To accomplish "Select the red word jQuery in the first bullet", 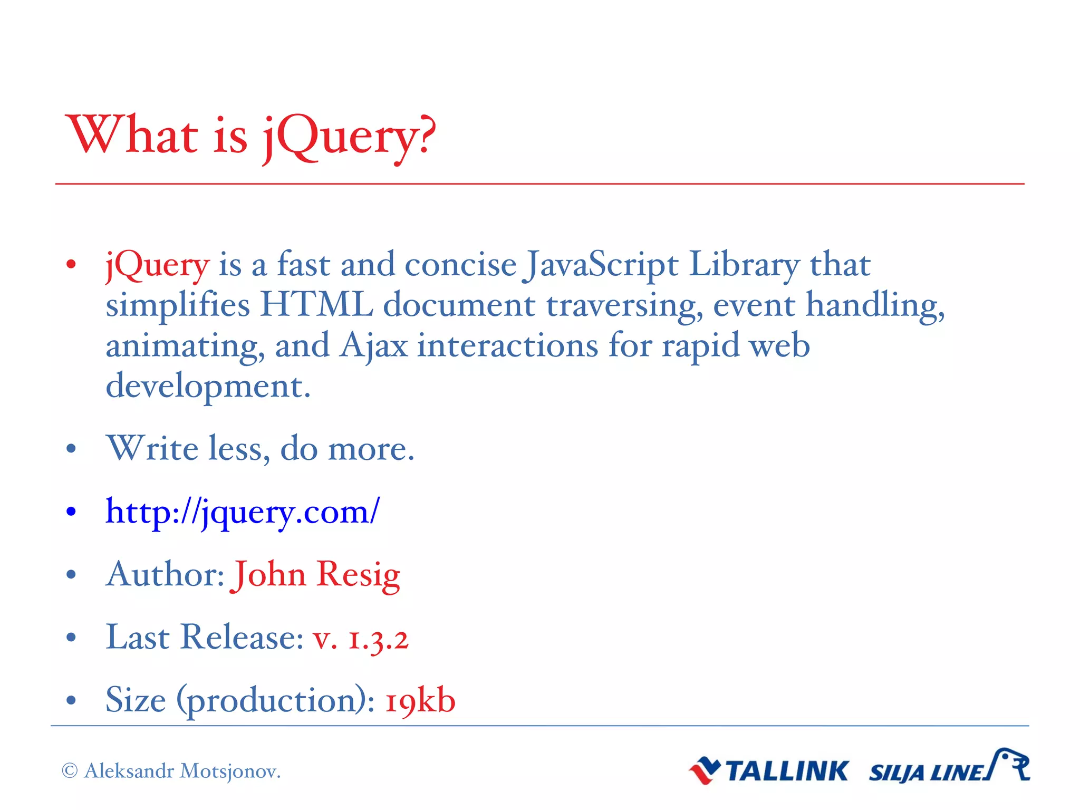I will point(157,265).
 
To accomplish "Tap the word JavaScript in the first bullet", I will point(600,265).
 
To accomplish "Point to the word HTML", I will point(316,305).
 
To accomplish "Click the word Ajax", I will point(373,346).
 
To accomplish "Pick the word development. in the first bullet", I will point(208,387).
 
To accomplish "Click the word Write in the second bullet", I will point(153,448).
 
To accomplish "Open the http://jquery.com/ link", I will point(242,512).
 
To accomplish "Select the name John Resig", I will point(316,574).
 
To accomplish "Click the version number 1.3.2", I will point(378,638).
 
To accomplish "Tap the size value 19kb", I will point(420,701).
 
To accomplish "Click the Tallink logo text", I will point(787,772).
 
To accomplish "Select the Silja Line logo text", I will point(926,773).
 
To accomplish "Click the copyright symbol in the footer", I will point(70,771).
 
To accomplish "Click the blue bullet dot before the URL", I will point(71,512).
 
